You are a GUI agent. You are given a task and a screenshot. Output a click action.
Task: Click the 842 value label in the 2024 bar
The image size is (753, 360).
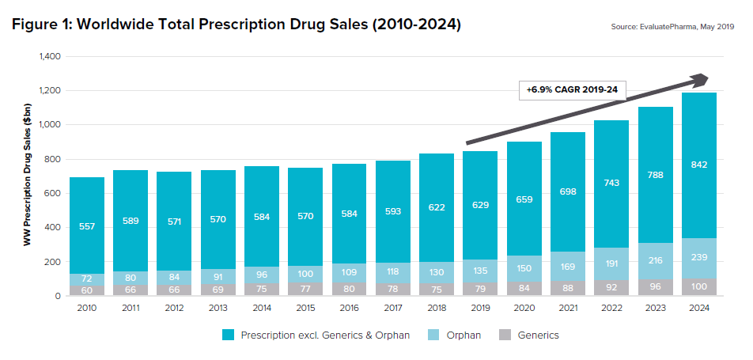pos(698,165)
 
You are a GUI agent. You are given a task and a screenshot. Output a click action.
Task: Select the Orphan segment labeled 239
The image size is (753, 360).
pos(698,257)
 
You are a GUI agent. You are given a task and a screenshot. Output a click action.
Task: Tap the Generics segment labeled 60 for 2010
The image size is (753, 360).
pos(86,290)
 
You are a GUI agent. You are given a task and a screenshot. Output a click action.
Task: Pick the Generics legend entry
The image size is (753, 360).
pos(530,335)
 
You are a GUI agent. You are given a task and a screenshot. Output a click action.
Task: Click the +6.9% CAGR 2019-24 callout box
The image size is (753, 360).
pos(572,90)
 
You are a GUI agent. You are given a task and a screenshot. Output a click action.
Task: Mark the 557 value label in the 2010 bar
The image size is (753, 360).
pos(86,225)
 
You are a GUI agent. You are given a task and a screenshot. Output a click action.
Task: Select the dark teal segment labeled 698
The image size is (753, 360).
pos(567,192)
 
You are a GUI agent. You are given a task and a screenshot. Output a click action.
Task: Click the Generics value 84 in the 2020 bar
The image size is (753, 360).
pos(524,288)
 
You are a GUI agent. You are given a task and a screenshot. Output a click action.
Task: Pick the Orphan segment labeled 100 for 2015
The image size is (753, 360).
pos(305,274)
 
